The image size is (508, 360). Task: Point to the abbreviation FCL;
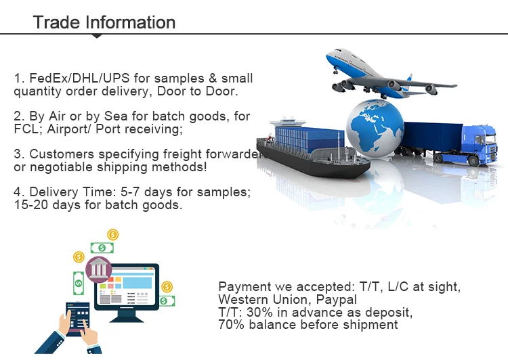28,129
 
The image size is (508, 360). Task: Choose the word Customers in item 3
62,154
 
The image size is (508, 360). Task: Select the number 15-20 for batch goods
30,204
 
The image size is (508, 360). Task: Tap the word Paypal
336,300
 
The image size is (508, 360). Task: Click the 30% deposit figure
259,312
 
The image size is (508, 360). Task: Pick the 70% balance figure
231,324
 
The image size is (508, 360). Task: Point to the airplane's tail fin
409,79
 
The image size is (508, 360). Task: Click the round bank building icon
98,270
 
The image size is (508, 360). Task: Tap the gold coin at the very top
112,234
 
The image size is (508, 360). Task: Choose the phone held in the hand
78,319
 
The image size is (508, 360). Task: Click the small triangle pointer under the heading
97,36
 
